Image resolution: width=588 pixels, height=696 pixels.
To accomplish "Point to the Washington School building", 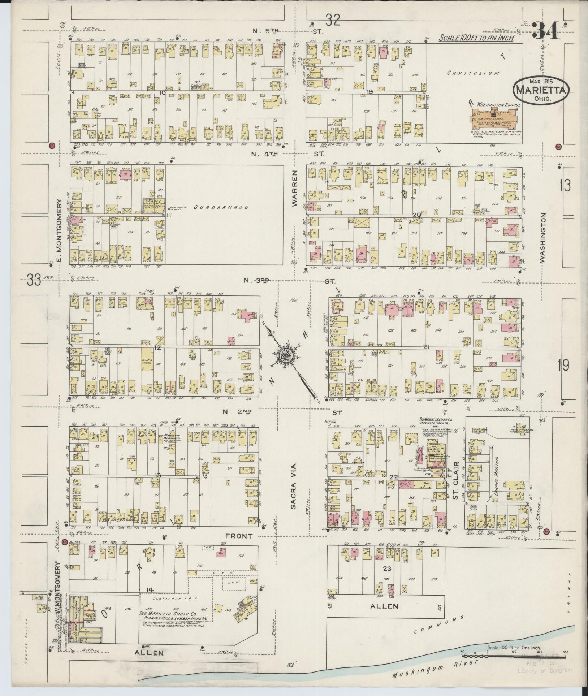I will click(497, 119).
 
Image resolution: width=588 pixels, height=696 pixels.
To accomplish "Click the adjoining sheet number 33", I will click(33, 280).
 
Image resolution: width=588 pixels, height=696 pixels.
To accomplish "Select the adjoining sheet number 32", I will click(332, 21).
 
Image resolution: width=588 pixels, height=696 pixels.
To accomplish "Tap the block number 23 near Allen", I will click(387, 569).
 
